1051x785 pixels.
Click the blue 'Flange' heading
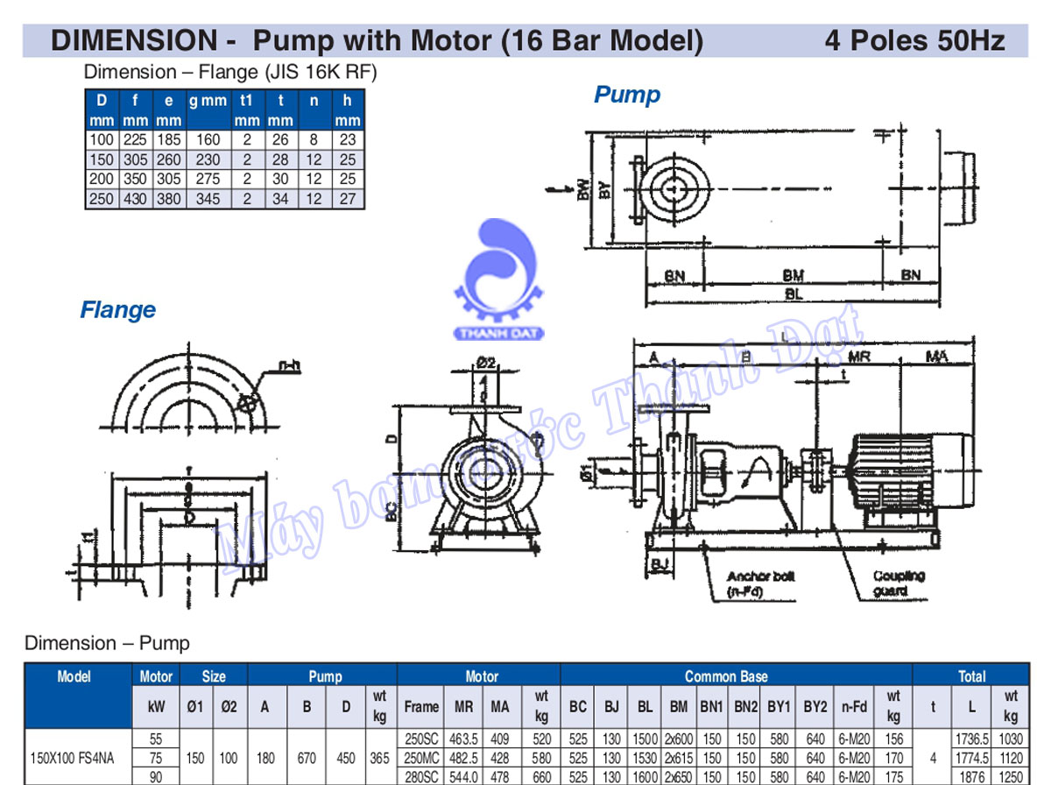coord(117,310)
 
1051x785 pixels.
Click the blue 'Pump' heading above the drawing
coord(627,95)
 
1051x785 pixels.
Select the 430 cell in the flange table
coord(134,199)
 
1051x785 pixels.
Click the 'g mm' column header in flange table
coord(208,101)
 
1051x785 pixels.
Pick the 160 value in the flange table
coord(208,139)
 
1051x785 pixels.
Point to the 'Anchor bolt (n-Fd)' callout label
coord(759,583)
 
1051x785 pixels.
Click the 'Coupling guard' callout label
coord(898,583)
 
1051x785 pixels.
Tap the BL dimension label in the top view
coord(794,294)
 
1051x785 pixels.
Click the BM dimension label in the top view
coord(794,275)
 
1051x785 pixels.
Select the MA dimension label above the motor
coord(936,357)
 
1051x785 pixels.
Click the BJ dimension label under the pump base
coord(660,561)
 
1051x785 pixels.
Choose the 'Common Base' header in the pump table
coord(726,676)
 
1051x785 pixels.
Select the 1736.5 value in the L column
coord(973,739)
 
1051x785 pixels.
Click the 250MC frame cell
coord(420,757)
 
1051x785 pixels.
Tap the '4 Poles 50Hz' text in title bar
coord(914,40)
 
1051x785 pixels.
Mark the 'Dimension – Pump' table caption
coord(107,643)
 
